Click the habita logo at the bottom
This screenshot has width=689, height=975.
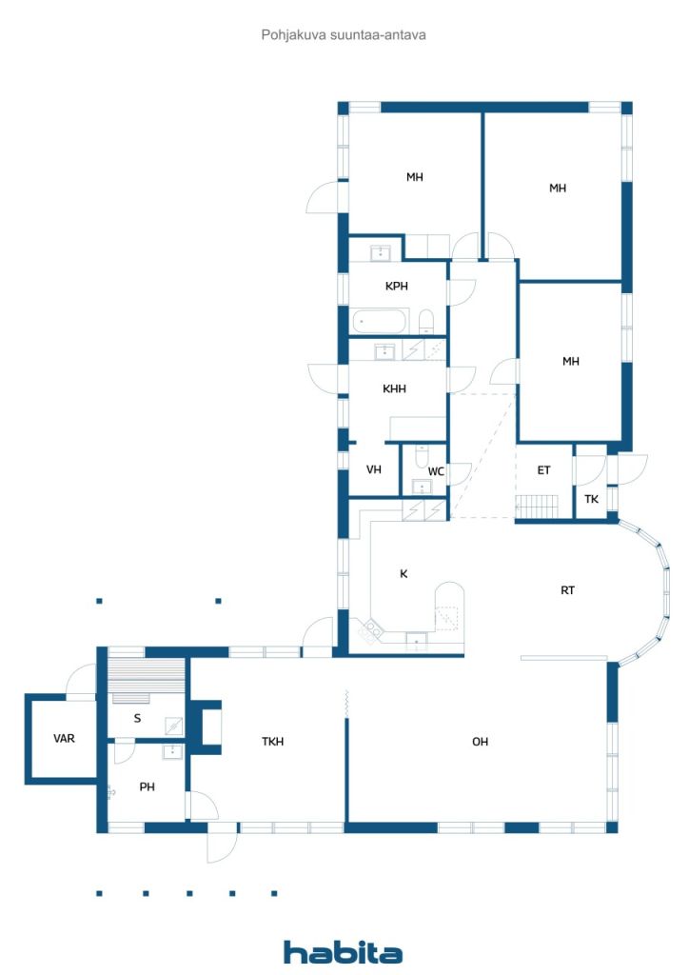click(343, 952)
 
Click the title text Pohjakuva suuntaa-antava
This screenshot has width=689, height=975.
click(344, 35)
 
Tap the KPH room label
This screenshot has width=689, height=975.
click(397, 286)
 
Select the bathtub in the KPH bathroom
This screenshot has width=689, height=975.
click(380, 322)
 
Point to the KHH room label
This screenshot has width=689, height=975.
click(395, 388)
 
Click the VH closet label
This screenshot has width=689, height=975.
click(373, 469)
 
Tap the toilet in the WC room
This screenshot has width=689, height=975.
click(422, 456)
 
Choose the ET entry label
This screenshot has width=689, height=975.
click(543, 470)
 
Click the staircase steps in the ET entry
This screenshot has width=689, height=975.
click(537, 506)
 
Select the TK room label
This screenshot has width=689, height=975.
click(592, 499)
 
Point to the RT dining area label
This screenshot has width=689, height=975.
click(568, 590)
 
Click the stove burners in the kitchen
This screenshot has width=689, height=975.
click(371, 631)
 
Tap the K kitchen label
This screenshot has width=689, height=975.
click(404, 573)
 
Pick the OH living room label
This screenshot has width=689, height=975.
click(481, 741)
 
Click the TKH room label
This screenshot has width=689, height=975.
click(273, 741)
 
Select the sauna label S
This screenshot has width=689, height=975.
click(137, 718)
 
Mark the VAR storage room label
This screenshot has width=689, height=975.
click(64, 739)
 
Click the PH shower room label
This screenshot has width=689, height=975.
click(148, 786)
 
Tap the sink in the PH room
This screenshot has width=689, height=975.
click(172, 752)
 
